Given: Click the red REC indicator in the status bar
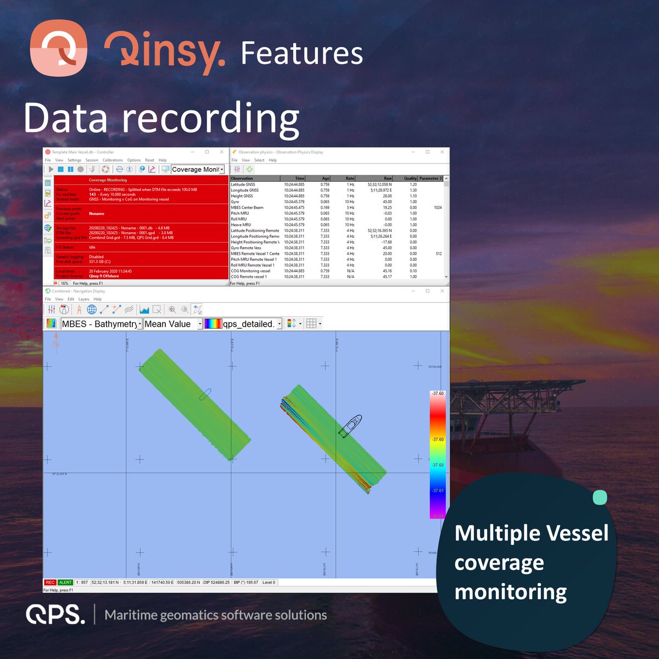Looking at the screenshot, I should tap(50, 582).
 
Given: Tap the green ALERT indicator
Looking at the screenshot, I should tap(65, 582).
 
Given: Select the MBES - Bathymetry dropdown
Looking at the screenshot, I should tap(102, 324).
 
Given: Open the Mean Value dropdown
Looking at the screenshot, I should tap(173, 324).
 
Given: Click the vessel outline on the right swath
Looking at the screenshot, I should tap(350, 426).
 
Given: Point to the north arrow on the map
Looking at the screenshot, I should tap(56, 342).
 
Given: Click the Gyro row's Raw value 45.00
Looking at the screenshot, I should tap(387, 202).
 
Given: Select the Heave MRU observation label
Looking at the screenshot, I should tap(241, 225).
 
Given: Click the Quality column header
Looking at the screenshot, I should tap(410, 178).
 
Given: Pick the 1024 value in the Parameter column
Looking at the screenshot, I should tap(438, 208).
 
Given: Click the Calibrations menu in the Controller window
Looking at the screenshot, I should tap(113, 160).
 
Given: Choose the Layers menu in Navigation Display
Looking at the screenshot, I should tap(83, 299).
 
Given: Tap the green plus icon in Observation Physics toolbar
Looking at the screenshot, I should tap(249, 169).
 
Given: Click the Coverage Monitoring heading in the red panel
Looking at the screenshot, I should tap(108, 180).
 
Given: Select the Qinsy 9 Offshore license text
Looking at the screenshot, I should tap(104, 276).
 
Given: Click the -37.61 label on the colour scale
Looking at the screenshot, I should tap(438, 490).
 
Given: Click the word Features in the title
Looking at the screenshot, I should tap(301, 53).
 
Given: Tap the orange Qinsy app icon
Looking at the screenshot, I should tap(58, 48).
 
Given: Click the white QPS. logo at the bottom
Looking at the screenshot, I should tap(55, 614).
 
